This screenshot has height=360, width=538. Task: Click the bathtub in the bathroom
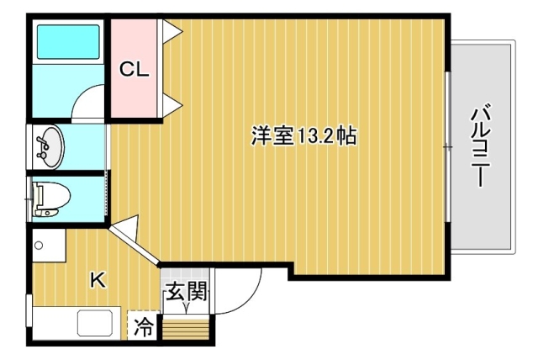(x=68, y=41)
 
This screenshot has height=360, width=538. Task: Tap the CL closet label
(x=134, y=70)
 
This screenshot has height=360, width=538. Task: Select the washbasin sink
(x=49, y=146)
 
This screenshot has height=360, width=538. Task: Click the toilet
(x=50, y=199)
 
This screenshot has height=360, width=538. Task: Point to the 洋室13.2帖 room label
(x=304, y=136)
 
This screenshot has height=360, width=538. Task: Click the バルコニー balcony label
(x=481, y=146)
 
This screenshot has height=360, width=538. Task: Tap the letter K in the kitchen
(x=98, y=280)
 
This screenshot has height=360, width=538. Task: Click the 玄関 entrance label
(x=187, y=291)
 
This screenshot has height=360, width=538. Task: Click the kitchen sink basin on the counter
(x=95, y=323)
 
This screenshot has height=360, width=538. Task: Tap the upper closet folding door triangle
(x=171, y=32)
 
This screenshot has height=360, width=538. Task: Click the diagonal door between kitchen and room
(x=134, y=246)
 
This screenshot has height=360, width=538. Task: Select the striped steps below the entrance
(x=186, y=330)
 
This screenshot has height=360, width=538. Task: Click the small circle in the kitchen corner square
(x=39, y=246)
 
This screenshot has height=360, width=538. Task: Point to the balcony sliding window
(x=448, y=146)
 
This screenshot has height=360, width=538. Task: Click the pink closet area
(x=134, y=68)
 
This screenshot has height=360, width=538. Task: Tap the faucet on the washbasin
(x=43, y=146)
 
